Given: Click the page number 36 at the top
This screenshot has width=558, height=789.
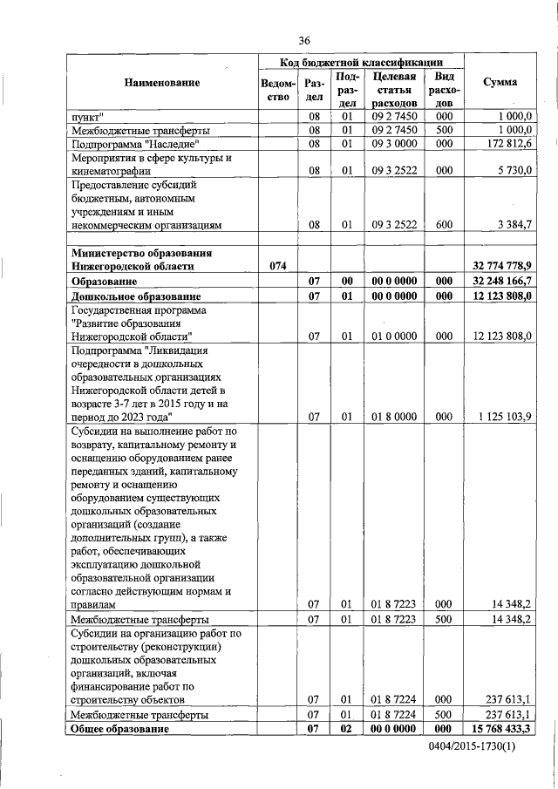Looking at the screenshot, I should (x=303, y=41).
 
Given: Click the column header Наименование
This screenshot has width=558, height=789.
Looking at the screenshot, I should (x=161, y=82).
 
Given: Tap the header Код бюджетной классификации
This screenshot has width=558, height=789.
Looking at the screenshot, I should (x=359, y=63).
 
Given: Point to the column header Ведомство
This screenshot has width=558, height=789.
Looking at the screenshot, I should (x=278, y=90).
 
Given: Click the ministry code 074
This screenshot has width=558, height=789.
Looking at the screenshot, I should (x=278, y=266).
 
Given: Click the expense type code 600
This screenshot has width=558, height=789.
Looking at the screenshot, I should (x=444, y=224).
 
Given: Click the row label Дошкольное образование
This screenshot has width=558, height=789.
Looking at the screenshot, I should (x=130, y=296).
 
